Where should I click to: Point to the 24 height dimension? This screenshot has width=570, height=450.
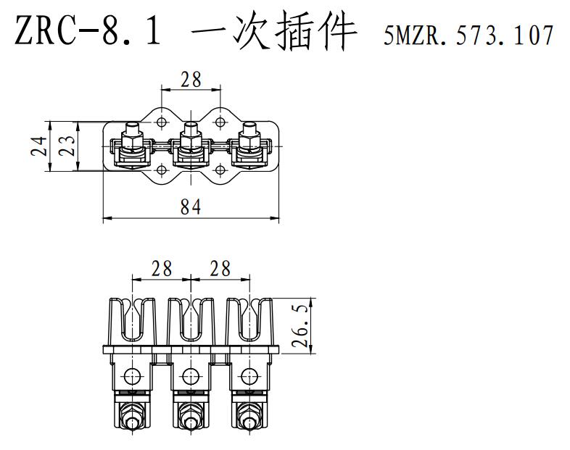point(41,146)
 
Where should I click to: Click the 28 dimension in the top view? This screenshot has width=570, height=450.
point(191,80)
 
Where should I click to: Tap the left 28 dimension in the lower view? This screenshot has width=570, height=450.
point(161,269)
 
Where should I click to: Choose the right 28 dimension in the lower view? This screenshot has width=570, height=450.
point(220,269)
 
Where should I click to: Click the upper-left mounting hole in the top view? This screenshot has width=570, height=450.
point(161,119)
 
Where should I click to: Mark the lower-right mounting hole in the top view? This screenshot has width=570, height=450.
point(220,172)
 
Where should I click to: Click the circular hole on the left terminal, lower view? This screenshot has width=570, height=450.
point(131,376)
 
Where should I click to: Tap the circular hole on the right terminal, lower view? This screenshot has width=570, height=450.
point(249,376)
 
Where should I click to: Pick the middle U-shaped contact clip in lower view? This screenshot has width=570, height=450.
point(191,319)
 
